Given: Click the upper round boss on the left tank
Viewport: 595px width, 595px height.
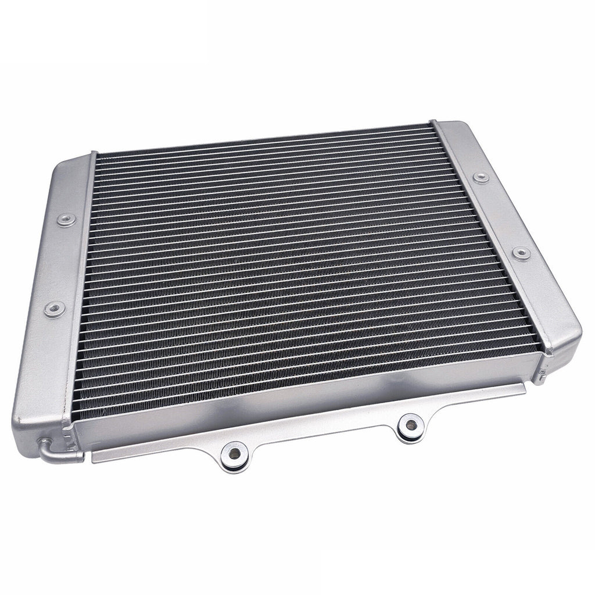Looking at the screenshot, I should click(66, 220).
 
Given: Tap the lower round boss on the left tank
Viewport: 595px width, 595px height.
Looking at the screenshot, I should click(55, 309).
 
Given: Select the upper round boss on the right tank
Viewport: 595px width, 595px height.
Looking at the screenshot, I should click(481, 178).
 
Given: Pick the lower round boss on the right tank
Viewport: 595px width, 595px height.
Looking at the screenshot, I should click(521, 253).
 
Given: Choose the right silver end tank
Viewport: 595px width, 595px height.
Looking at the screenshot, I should click(506, 232).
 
